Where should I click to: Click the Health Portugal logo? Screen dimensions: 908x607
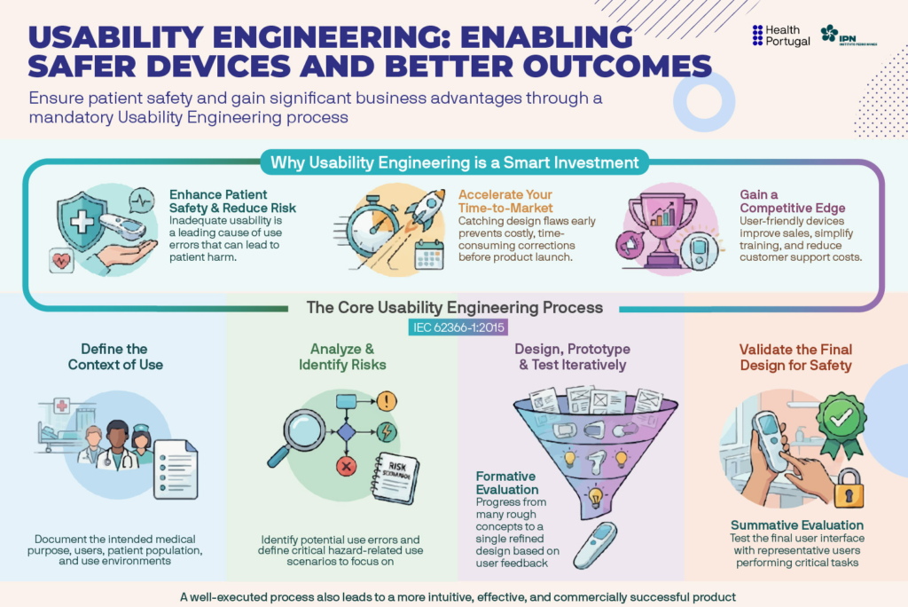780,35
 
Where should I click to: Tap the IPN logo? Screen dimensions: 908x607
849,35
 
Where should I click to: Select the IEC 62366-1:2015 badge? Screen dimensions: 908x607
458,327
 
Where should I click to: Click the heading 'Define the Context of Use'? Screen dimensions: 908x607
115,357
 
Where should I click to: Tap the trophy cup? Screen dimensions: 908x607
664,228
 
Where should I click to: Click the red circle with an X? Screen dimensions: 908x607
347,466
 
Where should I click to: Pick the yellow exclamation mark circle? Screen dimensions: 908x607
387,401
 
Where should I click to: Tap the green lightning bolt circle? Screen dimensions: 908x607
387,432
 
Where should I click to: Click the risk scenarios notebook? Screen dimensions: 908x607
395,477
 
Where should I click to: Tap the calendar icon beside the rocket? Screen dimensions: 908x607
429,254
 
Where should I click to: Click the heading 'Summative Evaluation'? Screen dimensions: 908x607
797,525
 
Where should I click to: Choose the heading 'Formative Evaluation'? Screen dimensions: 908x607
506,483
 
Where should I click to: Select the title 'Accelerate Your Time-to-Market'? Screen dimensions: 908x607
505,201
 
